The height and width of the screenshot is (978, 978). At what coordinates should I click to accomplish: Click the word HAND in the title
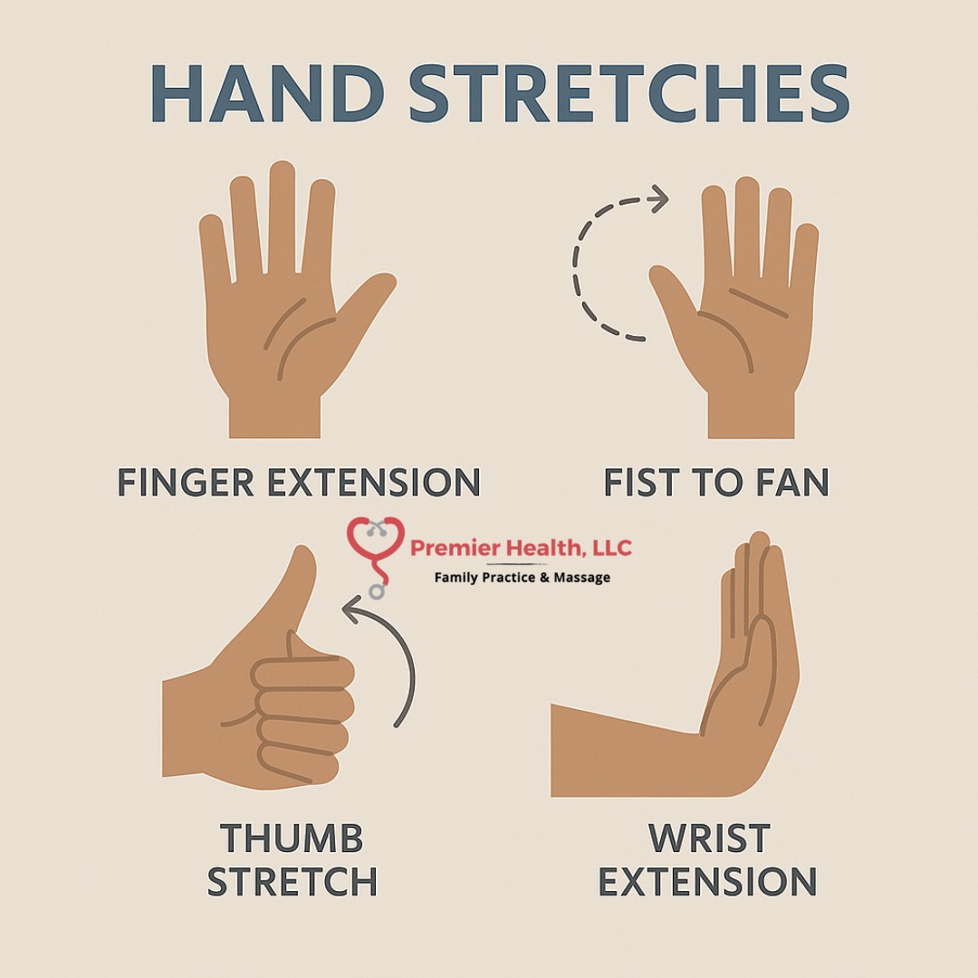[267, 93]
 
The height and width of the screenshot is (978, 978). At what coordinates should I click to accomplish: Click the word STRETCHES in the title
[629, 93]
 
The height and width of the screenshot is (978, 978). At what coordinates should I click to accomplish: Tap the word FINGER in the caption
[186, 482]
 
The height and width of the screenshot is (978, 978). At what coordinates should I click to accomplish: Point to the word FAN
[791, 482]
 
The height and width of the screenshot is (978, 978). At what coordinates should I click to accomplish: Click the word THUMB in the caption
[292, 838]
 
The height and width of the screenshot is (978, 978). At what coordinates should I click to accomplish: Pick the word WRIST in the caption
[709, 838]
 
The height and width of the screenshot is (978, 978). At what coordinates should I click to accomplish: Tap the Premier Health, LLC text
[522, 548]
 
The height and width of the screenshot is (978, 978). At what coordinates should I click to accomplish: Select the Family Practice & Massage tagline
[523, 578]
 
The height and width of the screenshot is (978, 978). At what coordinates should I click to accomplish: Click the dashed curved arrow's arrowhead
[658, 199]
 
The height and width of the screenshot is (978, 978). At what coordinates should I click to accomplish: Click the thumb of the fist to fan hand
[675, 293]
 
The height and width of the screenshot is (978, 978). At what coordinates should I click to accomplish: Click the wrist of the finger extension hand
[275, 417]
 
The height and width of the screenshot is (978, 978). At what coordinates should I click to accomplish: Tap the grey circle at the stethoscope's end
[376, 590]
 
